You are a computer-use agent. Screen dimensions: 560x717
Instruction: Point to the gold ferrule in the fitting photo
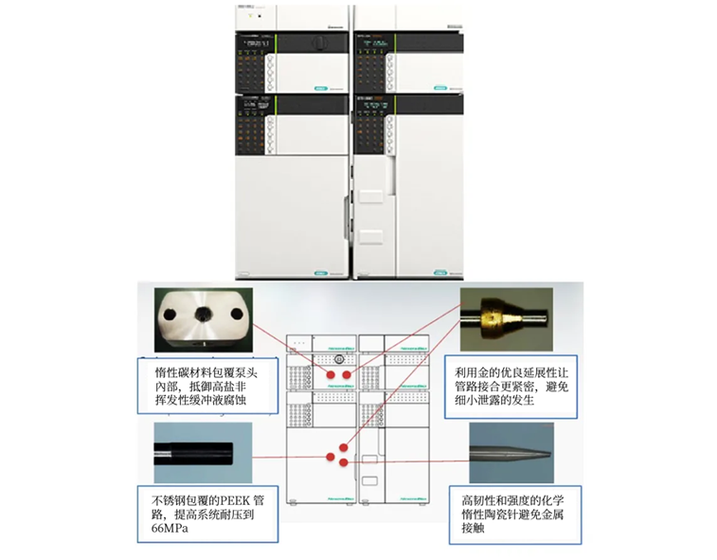point(494,315)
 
